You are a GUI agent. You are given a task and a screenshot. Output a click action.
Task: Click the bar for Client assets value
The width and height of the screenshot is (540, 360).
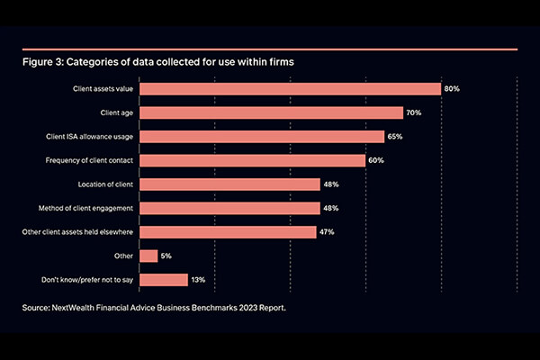[x=291, y=89]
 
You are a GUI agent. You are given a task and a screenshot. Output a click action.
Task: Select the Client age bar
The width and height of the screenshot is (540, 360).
[x=272, y=112]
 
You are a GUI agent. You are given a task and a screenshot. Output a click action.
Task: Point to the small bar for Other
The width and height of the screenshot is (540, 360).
[x=149, y=256]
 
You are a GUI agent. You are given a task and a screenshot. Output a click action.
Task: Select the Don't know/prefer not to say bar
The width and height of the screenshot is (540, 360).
[x=165, y=280]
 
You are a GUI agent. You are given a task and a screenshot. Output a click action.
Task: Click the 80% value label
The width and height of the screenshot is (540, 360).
[x=452, y=89]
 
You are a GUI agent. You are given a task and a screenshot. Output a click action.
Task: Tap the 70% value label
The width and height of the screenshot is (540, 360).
[x=414, y=112]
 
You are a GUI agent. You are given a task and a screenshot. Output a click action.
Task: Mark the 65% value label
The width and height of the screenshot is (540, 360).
[x=395, y=137]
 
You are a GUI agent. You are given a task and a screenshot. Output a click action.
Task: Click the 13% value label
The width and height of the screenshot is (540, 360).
[x=199, y=280]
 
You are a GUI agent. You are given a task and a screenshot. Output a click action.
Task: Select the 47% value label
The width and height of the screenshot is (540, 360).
[x=328, y=232]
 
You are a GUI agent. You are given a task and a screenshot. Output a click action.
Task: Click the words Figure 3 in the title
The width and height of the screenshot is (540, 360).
[x=43, y=64]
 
